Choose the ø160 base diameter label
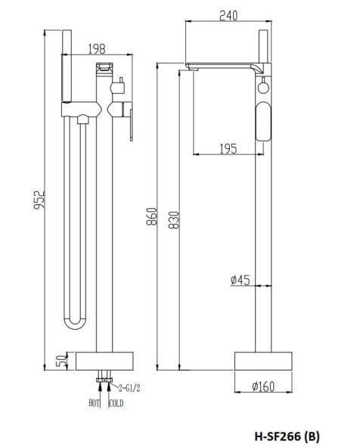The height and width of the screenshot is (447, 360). pos(262,386)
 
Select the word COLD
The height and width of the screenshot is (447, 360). pos(116,404)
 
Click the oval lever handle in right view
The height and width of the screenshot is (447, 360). pos(264,122)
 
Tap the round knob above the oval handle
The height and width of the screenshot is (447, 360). pos(264,88)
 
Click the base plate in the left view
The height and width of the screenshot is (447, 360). pos(105,360)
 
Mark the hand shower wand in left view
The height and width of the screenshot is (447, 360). pos(65,76)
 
